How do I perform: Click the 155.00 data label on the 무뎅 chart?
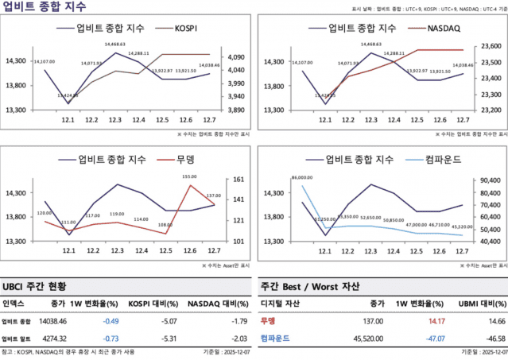(x=189, y=177)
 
